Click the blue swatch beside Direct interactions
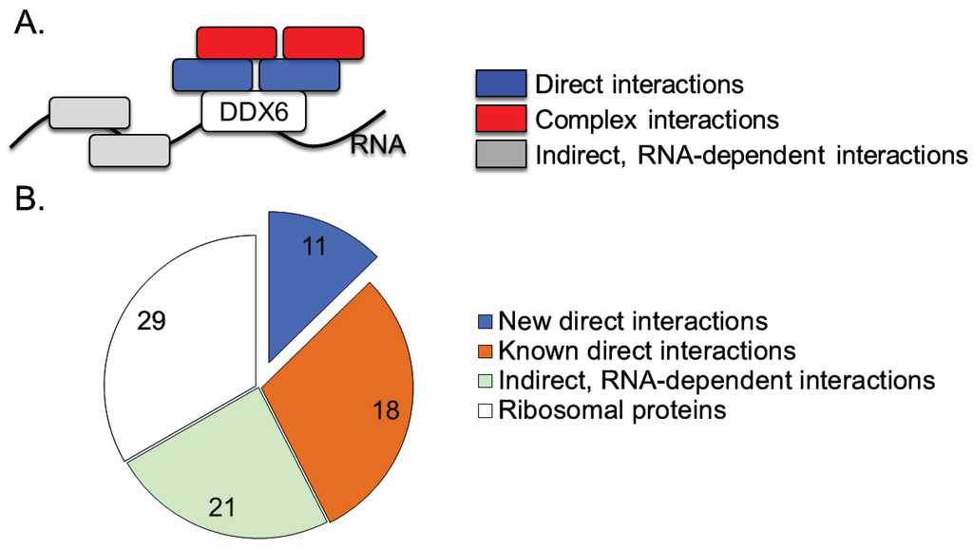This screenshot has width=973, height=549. [x=500, y=84]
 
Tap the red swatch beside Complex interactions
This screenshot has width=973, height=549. [x=500, y=119]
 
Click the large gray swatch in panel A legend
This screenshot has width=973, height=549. [x=500, y=153]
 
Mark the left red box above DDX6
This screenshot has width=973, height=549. [x=237, y=43]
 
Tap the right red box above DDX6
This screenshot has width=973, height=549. [x=323, y=43]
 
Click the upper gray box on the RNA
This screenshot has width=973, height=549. [x=89, y=111]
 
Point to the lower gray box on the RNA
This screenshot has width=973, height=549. [x=129, y=149]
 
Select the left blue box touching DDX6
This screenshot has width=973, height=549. [x=213, y=75]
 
